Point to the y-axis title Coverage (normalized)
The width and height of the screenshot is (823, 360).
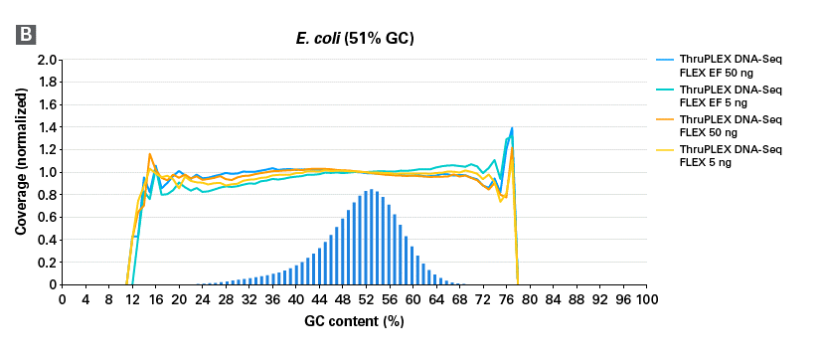tap(20, 172)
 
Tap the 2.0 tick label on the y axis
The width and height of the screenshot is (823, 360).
tap(45, 60)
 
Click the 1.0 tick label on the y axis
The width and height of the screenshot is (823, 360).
tap(45, 172)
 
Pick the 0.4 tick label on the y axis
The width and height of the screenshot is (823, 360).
tap(45, 240)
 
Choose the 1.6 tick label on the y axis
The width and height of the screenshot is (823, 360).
tap(45, 104)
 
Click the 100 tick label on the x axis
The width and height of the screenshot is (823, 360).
tap(646, 298)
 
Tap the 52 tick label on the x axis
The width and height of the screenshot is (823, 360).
tap(366, 298)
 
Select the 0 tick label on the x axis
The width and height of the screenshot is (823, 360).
tap(63, 298)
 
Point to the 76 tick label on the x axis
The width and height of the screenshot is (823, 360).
tap(506, 298)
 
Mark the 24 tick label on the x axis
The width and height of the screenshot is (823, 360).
tap(203, 298)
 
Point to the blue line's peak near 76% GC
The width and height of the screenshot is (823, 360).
tap(512, 128)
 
